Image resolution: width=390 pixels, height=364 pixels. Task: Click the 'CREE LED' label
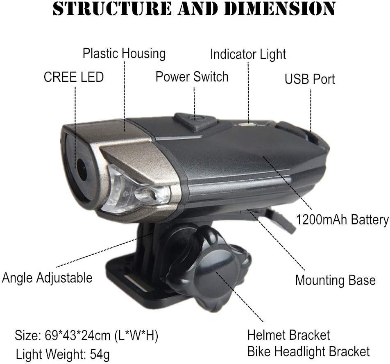74,77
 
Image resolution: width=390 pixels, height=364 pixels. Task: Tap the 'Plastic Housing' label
124,54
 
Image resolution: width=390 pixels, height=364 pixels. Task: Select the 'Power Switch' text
192,77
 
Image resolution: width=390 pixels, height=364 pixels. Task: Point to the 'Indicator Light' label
248,54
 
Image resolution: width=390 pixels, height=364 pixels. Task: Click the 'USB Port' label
310,79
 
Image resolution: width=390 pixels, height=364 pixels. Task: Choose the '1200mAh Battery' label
342,220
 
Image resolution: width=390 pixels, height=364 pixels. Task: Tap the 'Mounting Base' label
335,280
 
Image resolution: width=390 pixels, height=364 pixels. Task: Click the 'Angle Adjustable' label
47,278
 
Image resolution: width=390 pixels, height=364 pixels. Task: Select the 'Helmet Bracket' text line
288,335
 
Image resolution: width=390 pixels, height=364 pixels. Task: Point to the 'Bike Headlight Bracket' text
308,351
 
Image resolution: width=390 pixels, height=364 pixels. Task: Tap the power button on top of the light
195,121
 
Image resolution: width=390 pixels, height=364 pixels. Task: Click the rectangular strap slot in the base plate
135,283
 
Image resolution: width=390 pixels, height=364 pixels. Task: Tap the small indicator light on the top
248,123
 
